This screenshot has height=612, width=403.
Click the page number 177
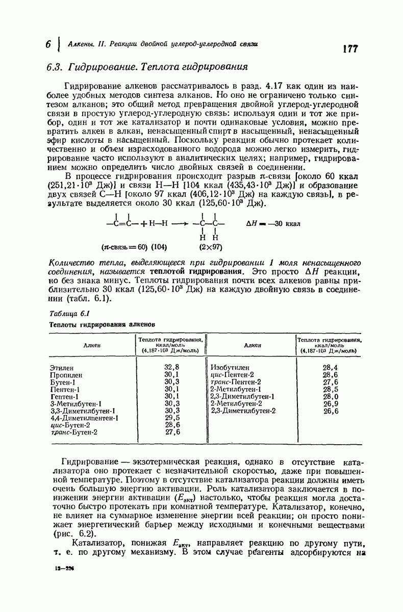(350, 49)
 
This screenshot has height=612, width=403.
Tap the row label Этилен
(62, 367)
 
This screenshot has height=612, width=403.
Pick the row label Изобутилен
(230, 367)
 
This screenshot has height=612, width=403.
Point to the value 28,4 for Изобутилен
(330, 367)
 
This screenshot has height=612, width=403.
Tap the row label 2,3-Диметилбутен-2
(243, 410)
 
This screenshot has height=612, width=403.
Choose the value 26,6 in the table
(330, 410)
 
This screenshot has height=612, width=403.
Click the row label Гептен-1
(64, 396)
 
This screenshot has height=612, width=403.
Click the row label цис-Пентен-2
(232, 374)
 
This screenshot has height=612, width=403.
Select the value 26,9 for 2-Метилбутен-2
(330, 403)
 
